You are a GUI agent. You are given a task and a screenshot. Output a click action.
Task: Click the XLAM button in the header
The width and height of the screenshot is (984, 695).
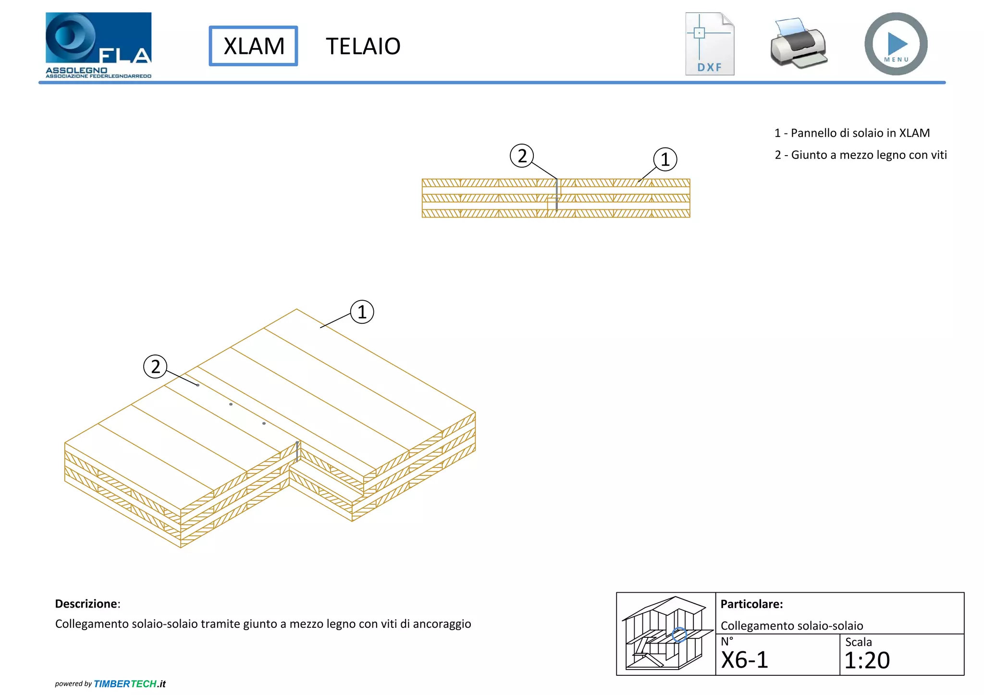tap(253, 46)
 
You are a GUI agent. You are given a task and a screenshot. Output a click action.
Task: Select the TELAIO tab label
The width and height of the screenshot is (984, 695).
tap(363, 47)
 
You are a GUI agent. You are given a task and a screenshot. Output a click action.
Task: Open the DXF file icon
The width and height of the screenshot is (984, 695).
tap(710, 44)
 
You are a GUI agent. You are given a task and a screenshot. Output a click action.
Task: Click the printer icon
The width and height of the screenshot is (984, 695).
tap(798, 44)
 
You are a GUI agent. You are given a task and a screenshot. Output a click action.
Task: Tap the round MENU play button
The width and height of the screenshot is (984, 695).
tap(896, 44)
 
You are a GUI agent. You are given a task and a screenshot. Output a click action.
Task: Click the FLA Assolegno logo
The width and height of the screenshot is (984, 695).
tap(98, 45)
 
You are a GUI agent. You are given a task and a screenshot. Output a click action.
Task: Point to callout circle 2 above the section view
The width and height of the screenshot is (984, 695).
tap(522, 156)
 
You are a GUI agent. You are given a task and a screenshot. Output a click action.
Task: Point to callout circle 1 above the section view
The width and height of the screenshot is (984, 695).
tap(665, 159)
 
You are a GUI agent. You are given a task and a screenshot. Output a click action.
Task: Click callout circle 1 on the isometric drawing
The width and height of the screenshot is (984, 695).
tap(362, 312)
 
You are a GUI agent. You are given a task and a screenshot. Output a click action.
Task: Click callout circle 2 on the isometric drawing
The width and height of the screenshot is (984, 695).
tap(155, 366)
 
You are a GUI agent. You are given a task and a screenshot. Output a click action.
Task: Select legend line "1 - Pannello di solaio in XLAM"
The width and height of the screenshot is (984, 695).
tap(852, 133)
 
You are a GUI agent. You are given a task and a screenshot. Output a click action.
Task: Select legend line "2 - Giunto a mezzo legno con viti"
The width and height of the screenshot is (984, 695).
tap(861, 155)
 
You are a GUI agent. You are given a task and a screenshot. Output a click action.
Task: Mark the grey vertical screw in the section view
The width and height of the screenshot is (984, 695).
tap(557, 195)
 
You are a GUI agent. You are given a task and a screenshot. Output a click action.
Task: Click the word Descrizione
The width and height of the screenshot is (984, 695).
tap(86, 604)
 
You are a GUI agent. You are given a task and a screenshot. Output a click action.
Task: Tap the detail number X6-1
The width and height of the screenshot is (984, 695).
tap(745, 660)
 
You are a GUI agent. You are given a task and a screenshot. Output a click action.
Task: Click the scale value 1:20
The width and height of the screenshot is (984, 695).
tap(867, 660)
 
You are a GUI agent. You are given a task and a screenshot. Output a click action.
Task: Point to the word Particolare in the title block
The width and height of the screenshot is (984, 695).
tap(751, 604)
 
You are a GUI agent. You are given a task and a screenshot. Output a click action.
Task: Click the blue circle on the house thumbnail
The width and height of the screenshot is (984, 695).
tap(679, 635)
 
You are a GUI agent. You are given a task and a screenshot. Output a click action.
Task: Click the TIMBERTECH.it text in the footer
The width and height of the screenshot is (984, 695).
tap(129, 684)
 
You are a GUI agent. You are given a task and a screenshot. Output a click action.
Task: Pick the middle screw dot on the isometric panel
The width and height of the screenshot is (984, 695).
tap(231, 404)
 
